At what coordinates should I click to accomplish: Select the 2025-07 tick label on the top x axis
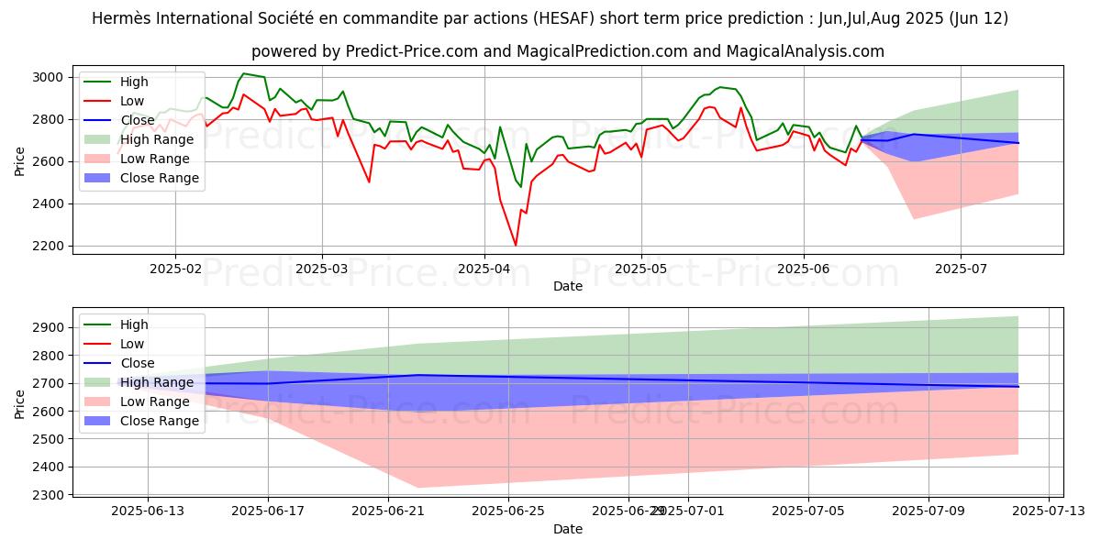coord(961,270)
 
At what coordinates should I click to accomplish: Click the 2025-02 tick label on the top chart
coord(175,270)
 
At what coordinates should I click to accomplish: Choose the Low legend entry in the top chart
coord(132,101)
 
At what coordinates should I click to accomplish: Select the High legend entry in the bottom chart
coord(133,324)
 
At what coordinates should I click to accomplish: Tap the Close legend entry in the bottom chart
coord(136,363)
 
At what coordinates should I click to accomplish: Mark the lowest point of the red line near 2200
coord(516,245)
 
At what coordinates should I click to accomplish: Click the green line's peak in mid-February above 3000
coord(243,73)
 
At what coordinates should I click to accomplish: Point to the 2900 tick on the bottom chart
coord(50,327)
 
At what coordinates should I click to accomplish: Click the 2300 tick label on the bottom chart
coord(50,495)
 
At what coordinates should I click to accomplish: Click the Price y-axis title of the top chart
coord(20,160)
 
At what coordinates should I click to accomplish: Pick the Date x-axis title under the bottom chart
coord(568,529)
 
